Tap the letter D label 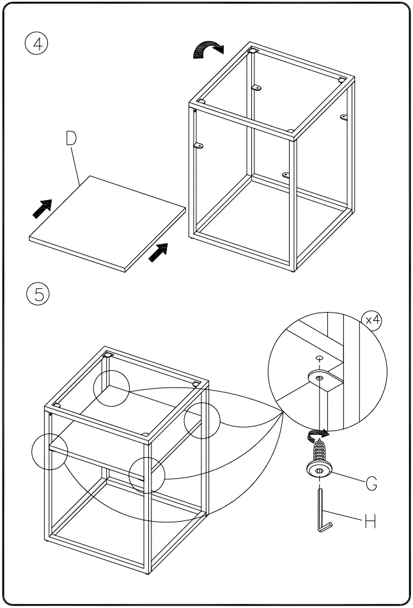click(x=72, y=139)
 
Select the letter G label click(x=371, y=483)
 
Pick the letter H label click(x=370, y=522)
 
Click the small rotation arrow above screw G click(x=317, y=434)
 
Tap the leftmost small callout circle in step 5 click(x=49, y=451)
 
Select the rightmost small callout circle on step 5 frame click(x=202, y=421)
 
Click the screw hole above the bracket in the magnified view click(x=318, y=359)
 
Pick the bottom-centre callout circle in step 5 click(x=146, y=475)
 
